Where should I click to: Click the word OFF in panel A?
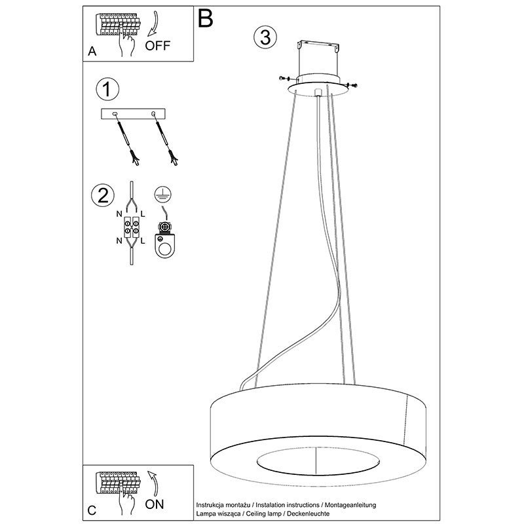pyautogui.click(x=158, y=45)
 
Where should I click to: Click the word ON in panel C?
pyautogui.click(x=155, y=504)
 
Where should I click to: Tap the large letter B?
pyautogui.click(x=206, y=18)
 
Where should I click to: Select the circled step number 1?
pyautogui.click(x=107, y=89)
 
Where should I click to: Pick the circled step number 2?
pyautogui.click(x=103, y=195)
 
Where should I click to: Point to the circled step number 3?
pyautogui.click(x=265, y=37)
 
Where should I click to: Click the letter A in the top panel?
pyautogui.click(x=92, y=52)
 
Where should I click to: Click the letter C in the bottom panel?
pyautogui.click(x=92, y=510)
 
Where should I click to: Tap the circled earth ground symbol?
pyautogui.click(x=162, y=195)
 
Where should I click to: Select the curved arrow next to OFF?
pyautogui.click(x=154, y=24)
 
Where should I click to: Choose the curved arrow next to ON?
pyautogui.click(x=154, y=483)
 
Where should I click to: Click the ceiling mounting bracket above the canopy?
pyautogui.click(x=318, y=46)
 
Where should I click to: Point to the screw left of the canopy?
pyautogui.click(x=284, y=79)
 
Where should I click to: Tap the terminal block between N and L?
pyautogui.click(x=131, y=227)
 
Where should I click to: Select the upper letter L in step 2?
pyautogui.click(x=143, y=214)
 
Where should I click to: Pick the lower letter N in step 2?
pyautogui.click(x=119, y=240)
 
